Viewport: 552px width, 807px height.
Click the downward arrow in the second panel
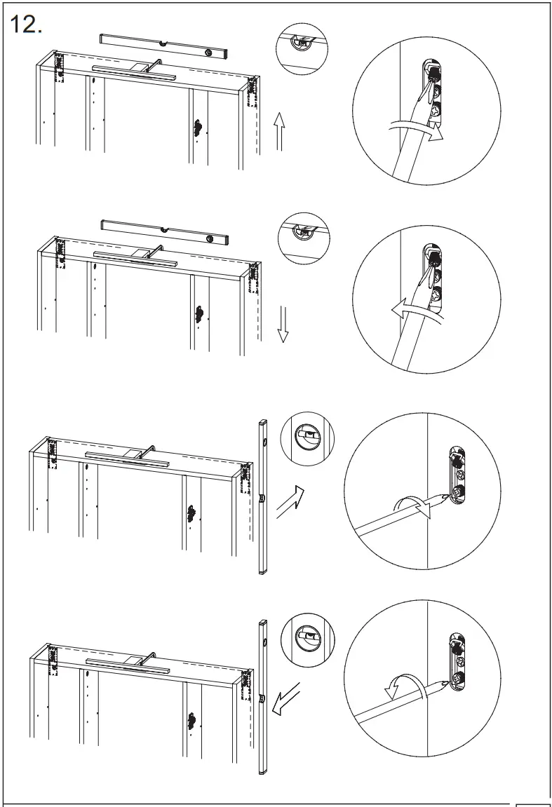pos(283,324)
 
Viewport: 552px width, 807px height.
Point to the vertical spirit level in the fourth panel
pos(263,696)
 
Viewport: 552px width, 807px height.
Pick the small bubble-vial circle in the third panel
pos(307,439)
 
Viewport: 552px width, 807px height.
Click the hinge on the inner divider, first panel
pos(199,128)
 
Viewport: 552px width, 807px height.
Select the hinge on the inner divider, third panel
pos(191,514)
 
